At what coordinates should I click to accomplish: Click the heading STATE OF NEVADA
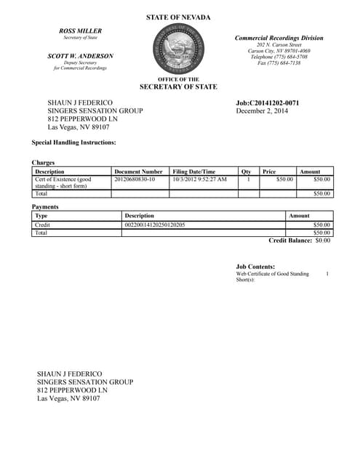[178, 17]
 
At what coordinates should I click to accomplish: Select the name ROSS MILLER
[80, 31]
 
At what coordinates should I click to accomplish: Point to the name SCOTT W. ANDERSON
[80, 56]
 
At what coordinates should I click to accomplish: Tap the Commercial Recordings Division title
[279, 38]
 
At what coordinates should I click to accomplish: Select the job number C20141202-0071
[268, 102]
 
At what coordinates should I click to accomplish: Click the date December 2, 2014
[263, 111]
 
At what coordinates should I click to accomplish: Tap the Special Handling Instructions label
[74, 142]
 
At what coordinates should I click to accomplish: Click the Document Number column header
[138, 171]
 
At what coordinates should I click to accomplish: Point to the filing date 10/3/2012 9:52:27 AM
[199, 179]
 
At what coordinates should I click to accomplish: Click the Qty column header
[246, 171]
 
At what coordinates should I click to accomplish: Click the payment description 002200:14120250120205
[155, 225]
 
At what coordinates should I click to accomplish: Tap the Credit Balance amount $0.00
[322, 240]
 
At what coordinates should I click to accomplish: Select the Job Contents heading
[256, 267]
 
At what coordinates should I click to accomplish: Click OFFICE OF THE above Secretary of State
[178, 79]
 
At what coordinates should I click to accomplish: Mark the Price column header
[269, 171]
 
